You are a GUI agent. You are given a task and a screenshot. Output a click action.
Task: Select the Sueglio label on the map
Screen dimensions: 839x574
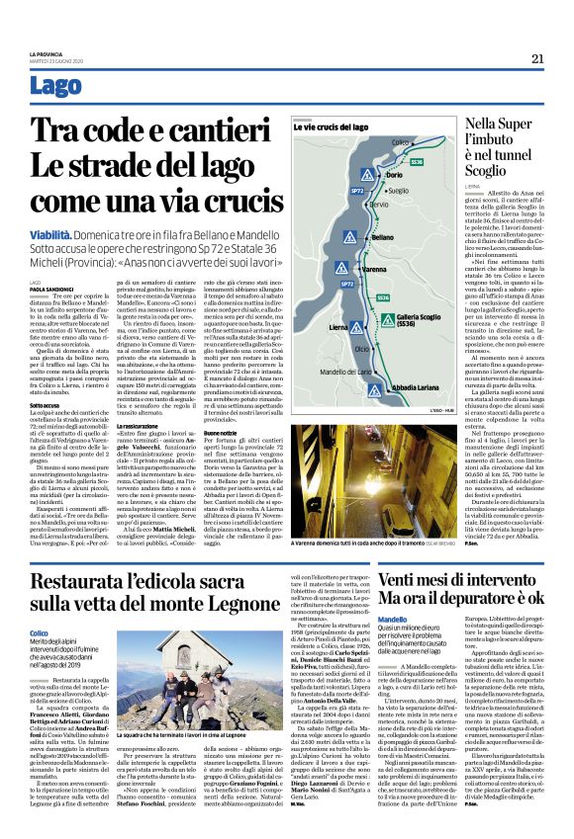pyautogui.click(x=399, y=190)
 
